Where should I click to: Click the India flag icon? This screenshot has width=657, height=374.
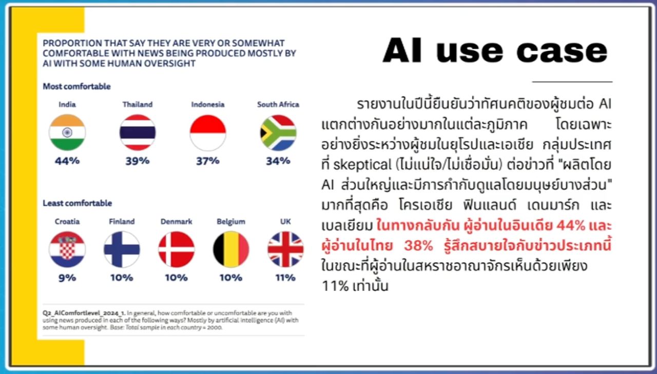point(67,132)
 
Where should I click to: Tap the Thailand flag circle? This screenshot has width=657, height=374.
point(138,132)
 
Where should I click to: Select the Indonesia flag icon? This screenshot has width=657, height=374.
point(208,132)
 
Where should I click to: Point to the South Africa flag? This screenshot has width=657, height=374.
point(278,132)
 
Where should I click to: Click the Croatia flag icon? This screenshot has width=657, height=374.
point(67,249)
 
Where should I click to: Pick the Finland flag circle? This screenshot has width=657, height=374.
point(122,249)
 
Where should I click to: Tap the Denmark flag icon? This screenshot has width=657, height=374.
point(176,249)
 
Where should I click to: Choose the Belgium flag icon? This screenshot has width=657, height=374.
point(231,249)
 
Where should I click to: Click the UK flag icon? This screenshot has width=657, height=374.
point(285,249)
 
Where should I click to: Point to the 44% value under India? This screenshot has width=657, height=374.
point(67,161)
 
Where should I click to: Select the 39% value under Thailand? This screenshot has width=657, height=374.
point(138,161)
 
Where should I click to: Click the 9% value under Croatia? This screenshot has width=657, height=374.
point(67,277)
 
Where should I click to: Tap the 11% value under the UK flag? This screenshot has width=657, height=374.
point(285,277)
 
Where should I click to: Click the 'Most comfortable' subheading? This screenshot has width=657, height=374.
point(76,87)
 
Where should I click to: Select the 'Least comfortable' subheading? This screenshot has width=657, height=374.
point(77,203)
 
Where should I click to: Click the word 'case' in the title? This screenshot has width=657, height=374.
point(562,52)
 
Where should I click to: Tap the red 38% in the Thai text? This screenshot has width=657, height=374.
point(418,246)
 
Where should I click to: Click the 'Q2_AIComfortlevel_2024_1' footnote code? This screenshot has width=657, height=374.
point(84,313)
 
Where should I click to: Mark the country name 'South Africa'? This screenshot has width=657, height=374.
point(278,105)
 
